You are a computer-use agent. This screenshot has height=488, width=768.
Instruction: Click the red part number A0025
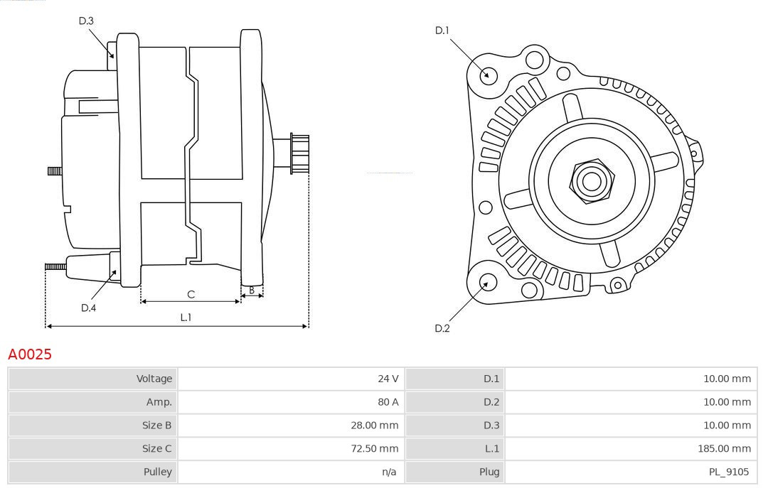(x=30, y=354)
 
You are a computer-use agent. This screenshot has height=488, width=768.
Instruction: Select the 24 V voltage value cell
(x=388, y=379)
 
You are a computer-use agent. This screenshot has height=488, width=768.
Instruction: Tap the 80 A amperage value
(x=388, y=402)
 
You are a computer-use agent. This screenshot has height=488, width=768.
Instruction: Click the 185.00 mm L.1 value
(x=725, y=449)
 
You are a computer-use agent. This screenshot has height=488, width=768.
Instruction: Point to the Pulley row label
(x=159, y=472)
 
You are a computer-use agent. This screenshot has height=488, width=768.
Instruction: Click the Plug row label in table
(x=489, y=472)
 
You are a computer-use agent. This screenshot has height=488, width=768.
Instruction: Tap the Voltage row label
(x=154, y=379)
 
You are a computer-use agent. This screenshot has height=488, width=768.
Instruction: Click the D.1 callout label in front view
(x=442, y=31)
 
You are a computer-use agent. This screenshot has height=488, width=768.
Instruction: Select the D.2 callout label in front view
(x=442, y=328)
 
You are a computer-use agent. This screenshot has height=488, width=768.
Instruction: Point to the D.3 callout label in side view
(x=86, y=21)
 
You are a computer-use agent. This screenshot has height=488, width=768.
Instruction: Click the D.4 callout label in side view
(x=88, y=308)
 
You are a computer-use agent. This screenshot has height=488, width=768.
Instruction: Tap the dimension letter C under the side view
(x=191, y=294)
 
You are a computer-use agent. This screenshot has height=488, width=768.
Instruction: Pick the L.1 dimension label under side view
(x=185, y=318)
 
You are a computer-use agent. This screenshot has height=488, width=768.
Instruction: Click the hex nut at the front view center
(x=591, y=181)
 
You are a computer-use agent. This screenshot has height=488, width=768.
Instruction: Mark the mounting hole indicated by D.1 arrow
(x=488, y=75)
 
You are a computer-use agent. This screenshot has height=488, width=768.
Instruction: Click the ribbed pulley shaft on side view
(x=299, y=153)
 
